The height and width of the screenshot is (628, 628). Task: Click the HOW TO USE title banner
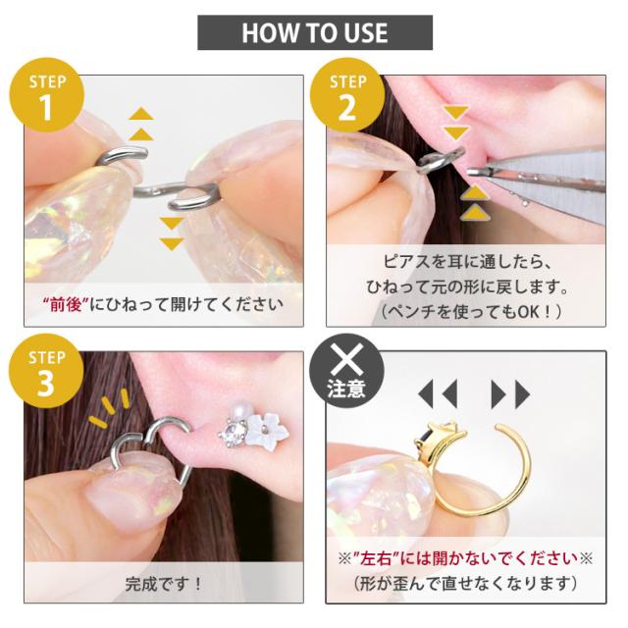tap(315, 32)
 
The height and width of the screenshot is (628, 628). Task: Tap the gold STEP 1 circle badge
tap(47, 95)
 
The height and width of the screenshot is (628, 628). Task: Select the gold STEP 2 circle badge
tap(347, 95)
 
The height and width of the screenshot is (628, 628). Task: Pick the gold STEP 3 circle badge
tap(46, 371)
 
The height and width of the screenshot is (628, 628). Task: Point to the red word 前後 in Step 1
tap(66, 305)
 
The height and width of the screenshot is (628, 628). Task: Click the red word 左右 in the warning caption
tap(375, 558)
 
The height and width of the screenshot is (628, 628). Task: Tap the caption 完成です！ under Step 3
tap(164, 585)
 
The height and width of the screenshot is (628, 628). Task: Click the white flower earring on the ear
tap(268, 430)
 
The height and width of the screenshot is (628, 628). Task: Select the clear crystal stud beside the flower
tap(232, 434)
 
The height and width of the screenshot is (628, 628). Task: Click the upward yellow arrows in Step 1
tap(141, 124)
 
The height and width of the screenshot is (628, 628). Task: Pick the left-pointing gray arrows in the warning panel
tap(438, 394)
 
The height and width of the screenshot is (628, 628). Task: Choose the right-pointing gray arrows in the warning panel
tap(510, 394)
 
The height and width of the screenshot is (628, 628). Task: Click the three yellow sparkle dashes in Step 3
tap(110, 407)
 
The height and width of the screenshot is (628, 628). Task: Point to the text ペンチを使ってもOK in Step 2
tap(471, 312)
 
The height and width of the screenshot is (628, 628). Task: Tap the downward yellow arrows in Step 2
tap(455, 123)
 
